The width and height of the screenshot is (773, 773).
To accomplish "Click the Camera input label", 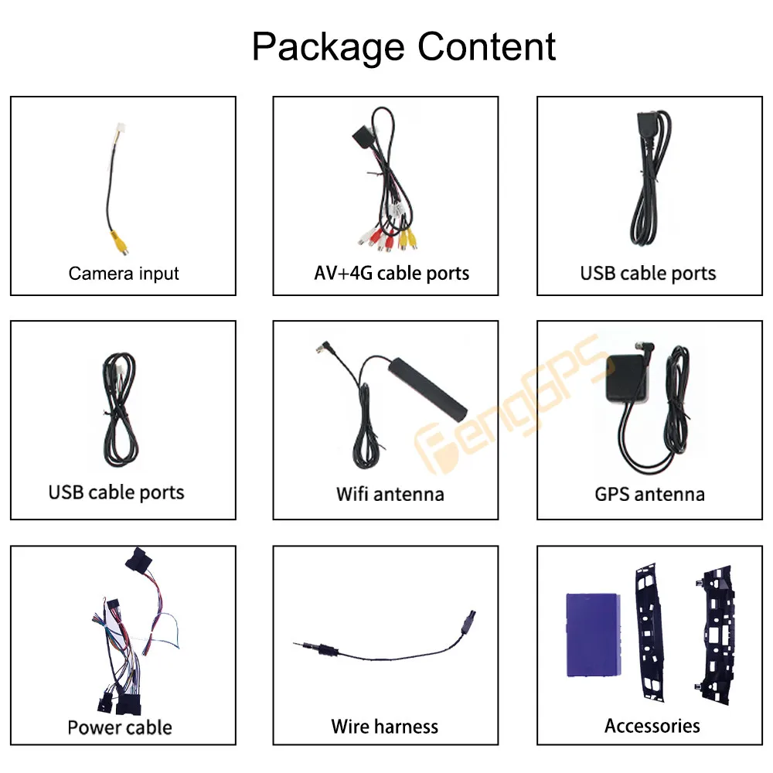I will point(124,274).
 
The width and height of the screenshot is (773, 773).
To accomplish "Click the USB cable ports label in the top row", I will point(648,274).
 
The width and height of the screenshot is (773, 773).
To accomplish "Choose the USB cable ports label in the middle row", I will point(117,492).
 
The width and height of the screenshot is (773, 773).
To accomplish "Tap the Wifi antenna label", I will point(390,494).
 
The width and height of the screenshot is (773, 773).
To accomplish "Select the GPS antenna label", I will point(649,494).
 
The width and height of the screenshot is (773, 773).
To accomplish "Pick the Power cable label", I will point(120,727).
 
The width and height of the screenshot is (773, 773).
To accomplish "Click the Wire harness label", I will point(384,727).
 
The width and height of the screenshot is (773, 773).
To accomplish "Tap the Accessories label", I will point(652,726).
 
